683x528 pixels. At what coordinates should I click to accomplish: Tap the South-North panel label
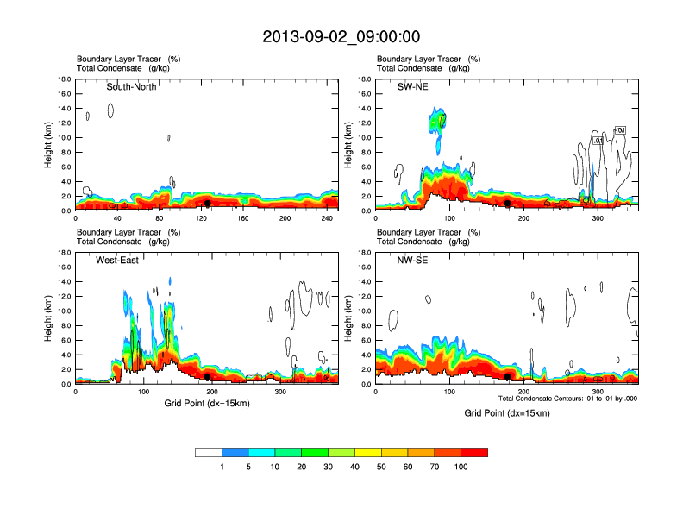click(131, 86)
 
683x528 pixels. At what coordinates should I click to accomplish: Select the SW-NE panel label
click(412, 86)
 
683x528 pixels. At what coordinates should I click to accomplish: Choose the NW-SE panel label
click(411, 260)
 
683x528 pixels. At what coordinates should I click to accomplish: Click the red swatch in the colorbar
click(474, 452)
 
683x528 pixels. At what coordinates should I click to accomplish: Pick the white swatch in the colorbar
click(209, 452)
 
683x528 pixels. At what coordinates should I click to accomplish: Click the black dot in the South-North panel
click(208, 204)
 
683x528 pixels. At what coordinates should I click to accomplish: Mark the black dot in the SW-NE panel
click(508, 203)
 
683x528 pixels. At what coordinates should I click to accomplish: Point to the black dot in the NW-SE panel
click(508, 376)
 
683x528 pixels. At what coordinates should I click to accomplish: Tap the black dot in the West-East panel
click(208, 376)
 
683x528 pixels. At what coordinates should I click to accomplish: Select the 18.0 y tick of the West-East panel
click(63, 253)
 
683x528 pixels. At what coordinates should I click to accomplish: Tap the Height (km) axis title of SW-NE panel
click(348, 145)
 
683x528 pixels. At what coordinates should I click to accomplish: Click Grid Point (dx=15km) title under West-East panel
click(207, 404)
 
